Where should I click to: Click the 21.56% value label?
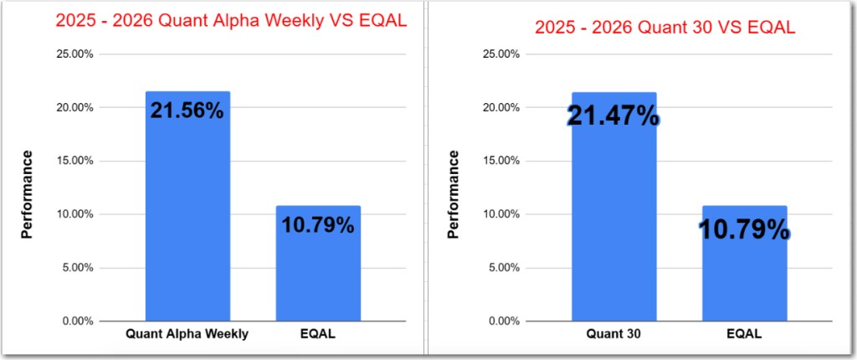[187, 110]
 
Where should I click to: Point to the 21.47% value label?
[613, 116]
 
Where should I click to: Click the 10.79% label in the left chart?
[318, 224]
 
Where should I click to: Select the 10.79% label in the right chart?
[744, 228]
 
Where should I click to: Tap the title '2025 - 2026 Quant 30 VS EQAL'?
[665, 27]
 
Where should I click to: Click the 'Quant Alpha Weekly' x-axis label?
[187, 334]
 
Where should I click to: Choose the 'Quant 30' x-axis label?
[613, 334]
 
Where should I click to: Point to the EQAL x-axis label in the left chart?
[318, 334]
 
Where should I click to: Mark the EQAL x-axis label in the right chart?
[744, 334]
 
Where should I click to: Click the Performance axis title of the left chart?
[27, 193]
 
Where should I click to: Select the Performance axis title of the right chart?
[454, 193]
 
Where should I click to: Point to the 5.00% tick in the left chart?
[74, 268]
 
